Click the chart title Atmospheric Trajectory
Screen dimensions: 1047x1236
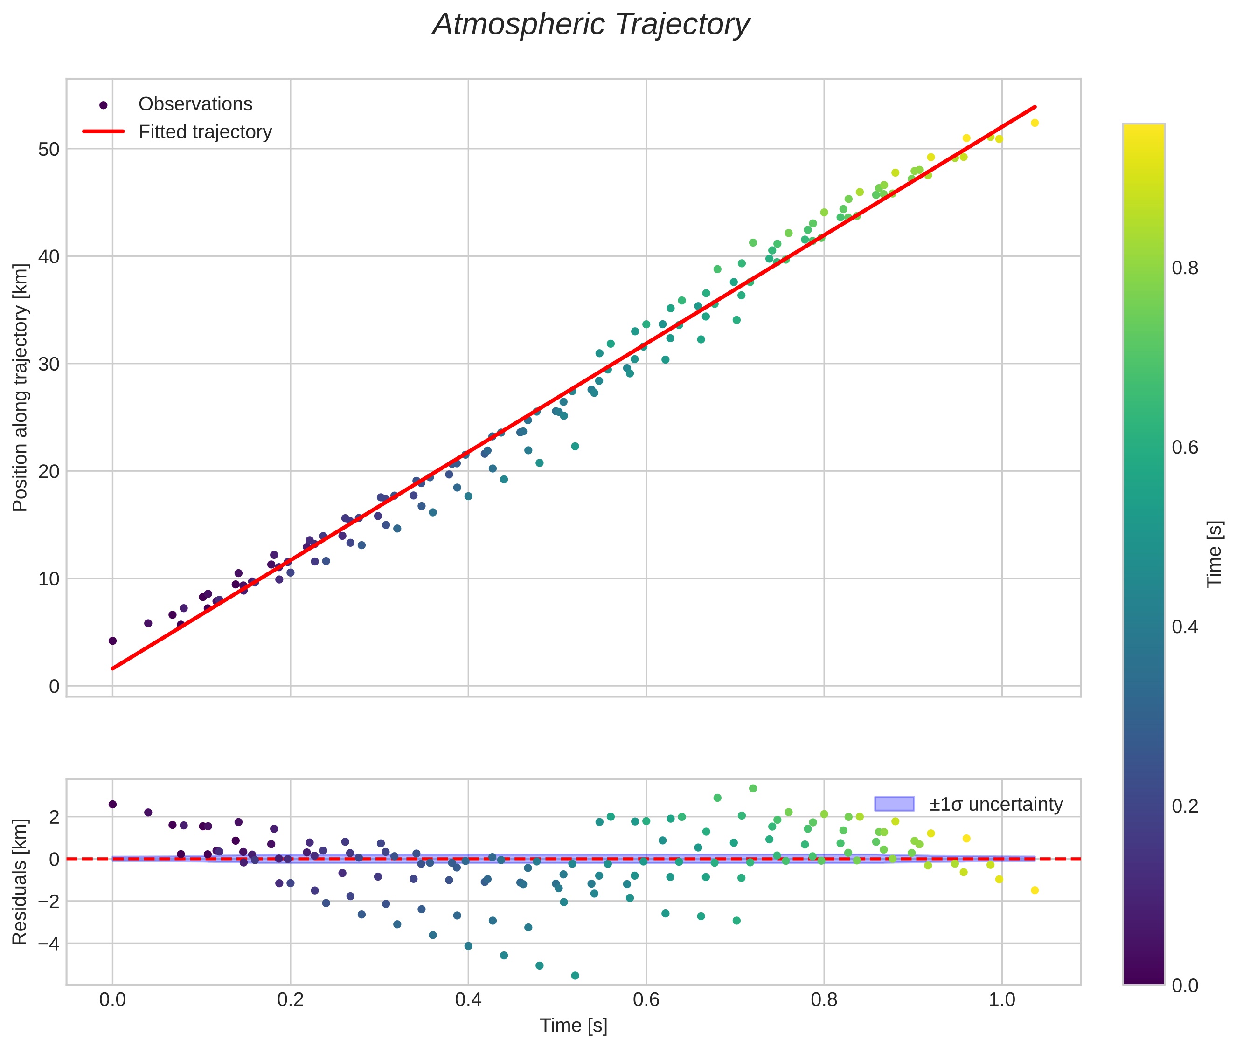coord(591,25)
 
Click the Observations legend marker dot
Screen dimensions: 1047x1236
coord(104,105)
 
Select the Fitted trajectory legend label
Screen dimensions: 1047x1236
coord(205,132)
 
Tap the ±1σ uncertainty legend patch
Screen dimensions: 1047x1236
coord(894,804)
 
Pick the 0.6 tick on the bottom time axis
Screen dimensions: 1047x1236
coord(646,999)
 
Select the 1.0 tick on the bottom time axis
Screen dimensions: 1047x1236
coord(1002,999)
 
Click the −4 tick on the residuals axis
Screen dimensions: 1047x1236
coord(46,943)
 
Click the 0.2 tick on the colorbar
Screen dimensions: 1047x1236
coord(1185,806)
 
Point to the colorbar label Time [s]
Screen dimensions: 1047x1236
coord(1215,554)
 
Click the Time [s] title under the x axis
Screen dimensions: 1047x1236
coord(573,1026)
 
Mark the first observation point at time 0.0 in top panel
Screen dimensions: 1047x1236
coord(112,641)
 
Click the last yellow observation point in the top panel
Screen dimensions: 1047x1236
coord(1035,123)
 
